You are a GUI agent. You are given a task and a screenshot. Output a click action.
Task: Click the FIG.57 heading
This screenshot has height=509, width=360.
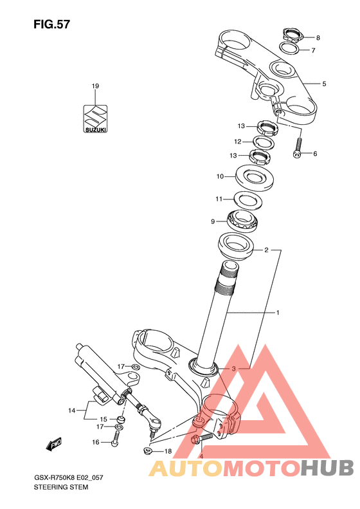(x=51, y=24)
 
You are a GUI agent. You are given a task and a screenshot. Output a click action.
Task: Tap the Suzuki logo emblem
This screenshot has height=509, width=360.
(x=95, y=118)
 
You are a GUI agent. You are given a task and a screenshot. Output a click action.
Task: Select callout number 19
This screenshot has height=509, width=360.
(x=95, y=86)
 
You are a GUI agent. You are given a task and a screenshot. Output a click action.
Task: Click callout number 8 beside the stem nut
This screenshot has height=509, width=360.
(x=318, y=38)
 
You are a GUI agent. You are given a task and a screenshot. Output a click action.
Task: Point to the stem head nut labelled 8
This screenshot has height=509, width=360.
(x=292, y=35)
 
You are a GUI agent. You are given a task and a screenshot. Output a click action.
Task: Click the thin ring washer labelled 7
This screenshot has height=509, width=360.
(x=289, y=49)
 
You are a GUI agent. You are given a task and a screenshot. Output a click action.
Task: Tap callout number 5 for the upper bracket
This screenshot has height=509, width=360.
(x=324, y=84)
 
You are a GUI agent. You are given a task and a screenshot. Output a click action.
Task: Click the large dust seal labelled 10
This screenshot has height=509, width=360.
(x=255, y=178)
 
